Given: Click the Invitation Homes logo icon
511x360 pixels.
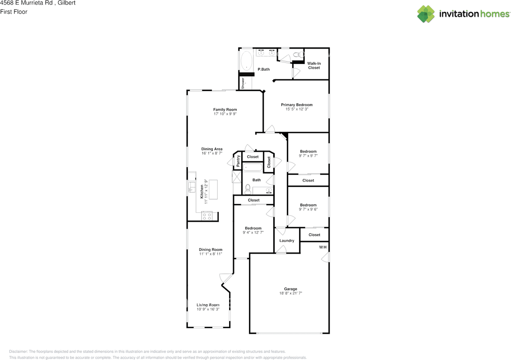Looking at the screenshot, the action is coord(426,14).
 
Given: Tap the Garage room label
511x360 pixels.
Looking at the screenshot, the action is coord(290,289).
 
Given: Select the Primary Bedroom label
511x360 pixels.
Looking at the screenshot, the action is coord(297,105).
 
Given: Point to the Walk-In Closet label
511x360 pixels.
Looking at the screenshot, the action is coord(314,65).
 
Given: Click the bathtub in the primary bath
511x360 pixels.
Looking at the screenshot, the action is coord(246,60).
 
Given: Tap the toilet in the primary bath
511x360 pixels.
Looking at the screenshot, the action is coord(298,55).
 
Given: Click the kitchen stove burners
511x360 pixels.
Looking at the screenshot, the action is coord(207,216).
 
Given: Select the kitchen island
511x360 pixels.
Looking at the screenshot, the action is coord(213,189).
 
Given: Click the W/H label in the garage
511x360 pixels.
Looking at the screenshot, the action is coord(323,247).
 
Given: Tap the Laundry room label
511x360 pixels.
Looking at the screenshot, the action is coord(287,241).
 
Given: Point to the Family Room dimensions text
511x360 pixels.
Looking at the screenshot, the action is coord(225,114).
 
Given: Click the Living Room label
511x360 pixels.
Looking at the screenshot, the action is coord(208,305).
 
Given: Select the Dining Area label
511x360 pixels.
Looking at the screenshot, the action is coord(212,149).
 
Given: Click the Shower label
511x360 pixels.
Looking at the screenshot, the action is coord(243,83).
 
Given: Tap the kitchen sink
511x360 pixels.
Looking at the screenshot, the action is coord(192,187).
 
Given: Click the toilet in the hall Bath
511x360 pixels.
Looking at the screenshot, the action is coord(248,189).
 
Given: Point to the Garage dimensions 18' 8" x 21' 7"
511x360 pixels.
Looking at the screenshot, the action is coord(291,293).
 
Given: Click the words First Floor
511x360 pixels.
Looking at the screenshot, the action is coord(14,12).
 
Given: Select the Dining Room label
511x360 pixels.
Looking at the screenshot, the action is coord(210,249).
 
